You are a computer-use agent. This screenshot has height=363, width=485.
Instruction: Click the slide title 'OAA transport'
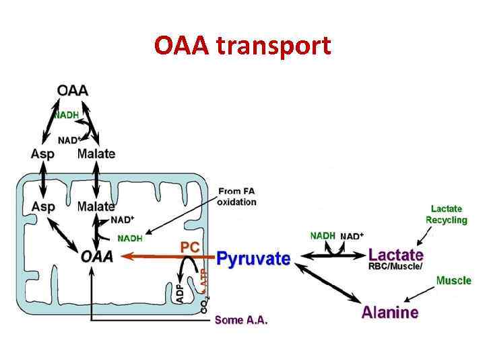click(x=243, y=46)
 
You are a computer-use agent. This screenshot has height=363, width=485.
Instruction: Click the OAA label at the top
click(x=73, y=90)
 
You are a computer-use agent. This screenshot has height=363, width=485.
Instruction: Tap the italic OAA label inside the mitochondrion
click(x=97, y=256)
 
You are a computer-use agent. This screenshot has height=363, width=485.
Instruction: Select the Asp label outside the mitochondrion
click(x=42, y=154)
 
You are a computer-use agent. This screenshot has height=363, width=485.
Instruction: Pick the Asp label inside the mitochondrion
click(x=42, y=206)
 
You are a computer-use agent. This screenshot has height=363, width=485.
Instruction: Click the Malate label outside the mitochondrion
click(x=96, y=154)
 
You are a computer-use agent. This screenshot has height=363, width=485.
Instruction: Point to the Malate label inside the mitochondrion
click(x=96, y=206)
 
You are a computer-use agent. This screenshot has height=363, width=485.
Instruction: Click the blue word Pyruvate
click(x=253, y=259)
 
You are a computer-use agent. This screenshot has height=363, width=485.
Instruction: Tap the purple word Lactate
click(x=396, y=255)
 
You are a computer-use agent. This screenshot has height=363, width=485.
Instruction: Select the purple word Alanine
click(x=390, y=312)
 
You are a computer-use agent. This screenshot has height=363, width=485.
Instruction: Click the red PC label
click(x=190, y=247)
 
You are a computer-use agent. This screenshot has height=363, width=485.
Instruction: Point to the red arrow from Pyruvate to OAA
click(x=168, y=257)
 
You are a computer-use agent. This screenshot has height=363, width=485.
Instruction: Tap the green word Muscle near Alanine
click(x=453, y=280)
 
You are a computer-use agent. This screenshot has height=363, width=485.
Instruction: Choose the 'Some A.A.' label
click(x=241, y=321)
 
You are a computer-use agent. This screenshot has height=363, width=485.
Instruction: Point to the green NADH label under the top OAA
click(x=66, y=115)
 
